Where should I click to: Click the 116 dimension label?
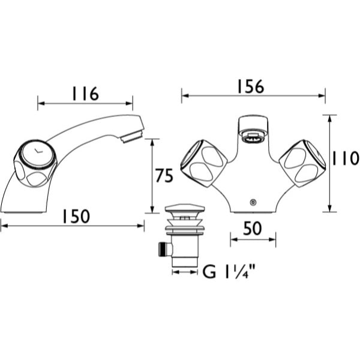(x=85, y=94)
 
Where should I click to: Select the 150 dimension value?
(x=76, y=216)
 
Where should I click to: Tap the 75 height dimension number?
(x=164, y=176)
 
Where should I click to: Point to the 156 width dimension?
(x=250, y=86)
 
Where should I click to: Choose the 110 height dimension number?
(x=346, y=158)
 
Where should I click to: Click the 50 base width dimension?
(x=253, y=228)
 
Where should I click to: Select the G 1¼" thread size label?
(x=229, y=271)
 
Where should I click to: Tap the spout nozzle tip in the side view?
(x=131, y=136)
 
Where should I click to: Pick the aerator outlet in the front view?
(x=253, y=139)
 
